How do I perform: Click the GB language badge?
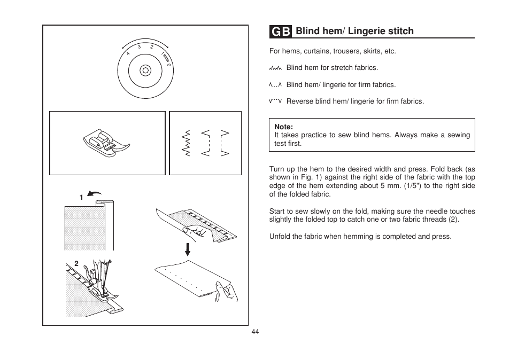281,32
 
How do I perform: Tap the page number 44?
255,332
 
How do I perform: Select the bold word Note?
283,127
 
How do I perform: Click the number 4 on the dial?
128,53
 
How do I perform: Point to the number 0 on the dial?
168,65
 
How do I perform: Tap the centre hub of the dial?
145,70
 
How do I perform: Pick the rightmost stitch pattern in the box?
225,143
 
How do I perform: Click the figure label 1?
81,198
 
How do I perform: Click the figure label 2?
76,263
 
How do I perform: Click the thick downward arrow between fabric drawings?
188,249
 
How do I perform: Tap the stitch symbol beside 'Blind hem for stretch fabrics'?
275,68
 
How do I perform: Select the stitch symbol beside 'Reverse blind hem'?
275,101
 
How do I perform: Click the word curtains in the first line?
317,52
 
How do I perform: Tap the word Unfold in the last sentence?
280,236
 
